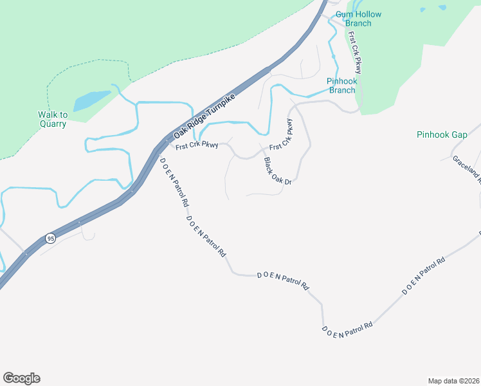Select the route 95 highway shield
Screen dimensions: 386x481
click(51, 238)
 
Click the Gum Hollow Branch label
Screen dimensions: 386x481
click(358, 19)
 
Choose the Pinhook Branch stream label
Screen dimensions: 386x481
click(342, 86)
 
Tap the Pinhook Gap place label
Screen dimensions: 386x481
click(441, 135)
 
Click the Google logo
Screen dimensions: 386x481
click(21, 378)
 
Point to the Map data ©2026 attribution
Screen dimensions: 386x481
click(453, 380)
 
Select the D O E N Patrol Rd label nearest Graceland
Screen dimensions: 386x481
click(424, 276)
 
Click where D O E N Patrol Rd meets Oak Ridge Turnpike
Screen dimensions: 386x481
click(157, 151)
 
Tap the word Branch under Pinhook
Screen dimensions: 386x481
click(342, 90)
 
